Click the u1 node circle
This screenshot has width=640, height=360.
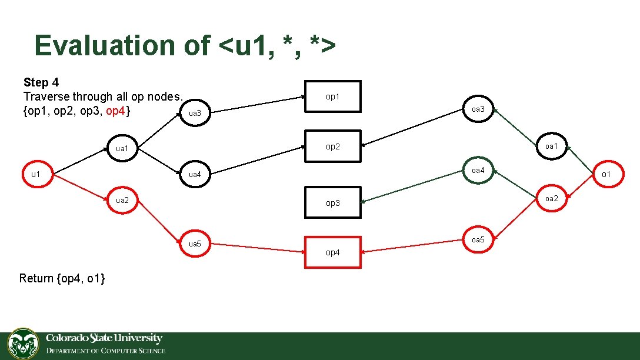point(36,174)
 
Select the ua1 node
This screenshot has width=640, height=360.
point(122,148)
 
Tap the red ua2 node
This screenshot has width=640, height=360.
point(122,200)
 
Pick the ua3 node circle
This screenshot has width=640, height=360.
point(195,112)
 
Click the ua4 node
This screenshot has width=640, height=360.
point(195,174)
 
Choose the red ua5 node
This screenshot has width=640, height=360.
point(195,244)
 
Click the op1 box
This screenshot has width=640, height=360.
point(332,96)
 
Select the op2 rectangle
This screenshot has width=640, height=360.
point(332,146)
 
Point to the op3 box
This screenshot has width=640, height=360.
point(332,203)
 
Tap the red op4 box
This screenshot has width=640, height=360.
point(332,252)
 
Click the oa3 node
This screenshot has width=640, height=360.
point(478,109)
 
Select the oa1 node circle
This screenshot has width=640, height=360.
point(551,146)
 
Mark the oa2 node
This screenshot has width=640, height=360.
point(551,198)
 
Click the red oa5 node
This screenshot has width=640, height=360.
point(478,240)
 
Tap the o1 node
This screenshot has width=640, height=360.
point(605,174)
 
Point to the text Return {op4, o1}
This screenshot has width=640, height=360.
point(62,278)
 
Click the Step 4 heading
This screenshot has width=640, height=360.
point(41,82)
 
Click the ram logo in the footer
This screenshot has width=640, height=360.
point(23,344)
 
